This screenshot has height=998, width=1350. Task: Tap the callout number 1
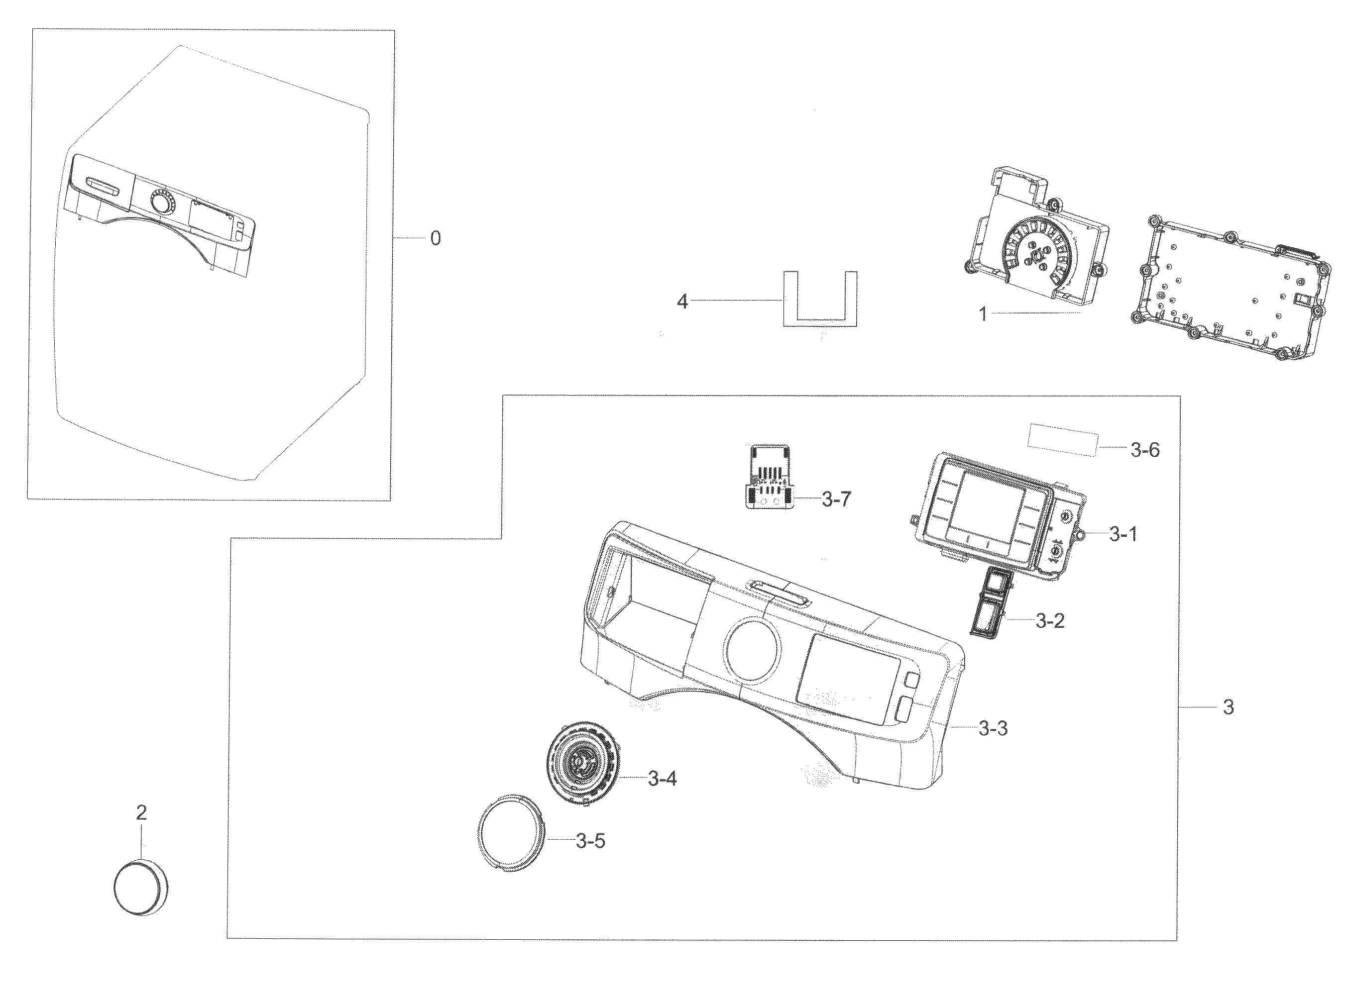click(x=983, y=314)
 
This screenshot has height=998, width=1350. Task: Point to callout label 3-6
click(x=1144, y=450)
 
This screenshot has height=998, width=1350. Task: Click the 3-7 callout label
click(x=836, y=499)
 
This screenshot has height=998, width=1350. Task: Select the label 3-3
click(x=994, y=728)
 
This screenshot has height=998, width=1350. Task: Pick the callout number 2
click(x=141, y=813)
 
